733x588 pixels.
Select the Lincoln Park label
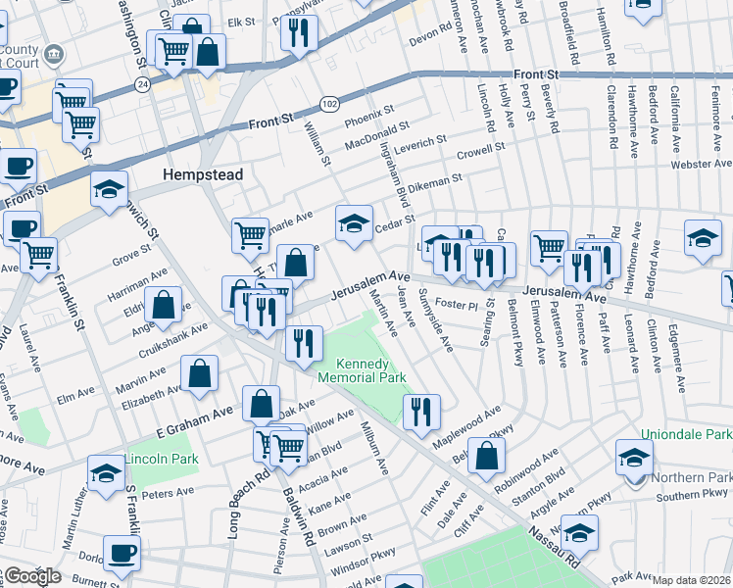161,459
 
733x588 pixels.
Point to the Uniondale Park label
686,434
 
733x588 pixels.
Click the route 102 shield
329,102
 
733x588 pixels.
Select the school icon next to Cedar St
354,223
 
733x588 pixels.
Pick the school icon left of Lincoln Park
106,472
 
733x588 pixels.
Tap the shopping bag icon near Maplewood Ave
487,454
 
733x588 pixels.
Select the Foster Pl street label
455,305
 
